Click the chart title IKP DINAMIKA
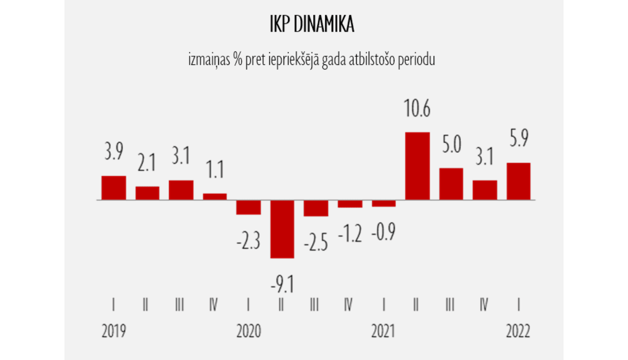[x=312, y=25]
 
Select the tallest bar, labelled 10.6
[x=417, y=166]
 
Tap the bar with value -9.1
[x=282, y=229]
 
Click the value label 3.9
[x=114, y=151]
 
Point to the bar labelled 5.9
[x=518, y=181]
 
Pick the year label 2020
[x=249, y=331]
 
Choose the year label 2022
[x=518, y=331]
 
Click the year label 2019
[x=114, y=331]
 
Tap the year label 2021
[x=383, y=331]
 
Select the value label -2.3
[x=248, y=242]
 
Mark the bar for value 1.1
[x=215, y=197]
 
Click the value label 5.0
[x=451, y=144]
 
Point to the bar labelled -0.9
[x=383, y=203]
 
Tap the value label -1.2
[x=350, y=234]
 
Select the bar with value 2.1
[x=147, y=193]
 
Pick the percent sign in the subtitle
[x=238, y=59]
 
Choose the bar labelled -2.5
[x=316, y=208]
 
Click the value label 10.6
[x=417, y=108]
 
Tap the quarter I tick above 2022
[x=518, y=304]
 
